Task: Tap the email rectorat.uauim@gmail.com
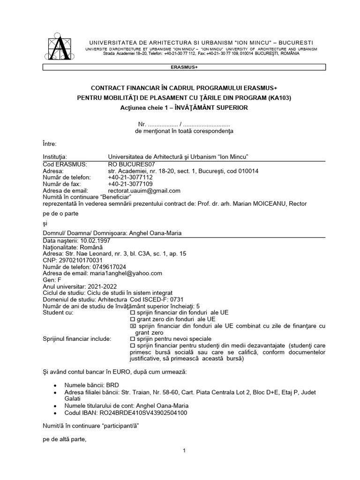(x=144, y=191)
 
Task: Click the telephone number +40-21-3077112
(x=130, y=178)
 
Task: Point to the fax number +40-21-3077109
(x=130, y=184)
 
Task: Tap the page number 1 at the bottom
(x=185, y=451)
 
